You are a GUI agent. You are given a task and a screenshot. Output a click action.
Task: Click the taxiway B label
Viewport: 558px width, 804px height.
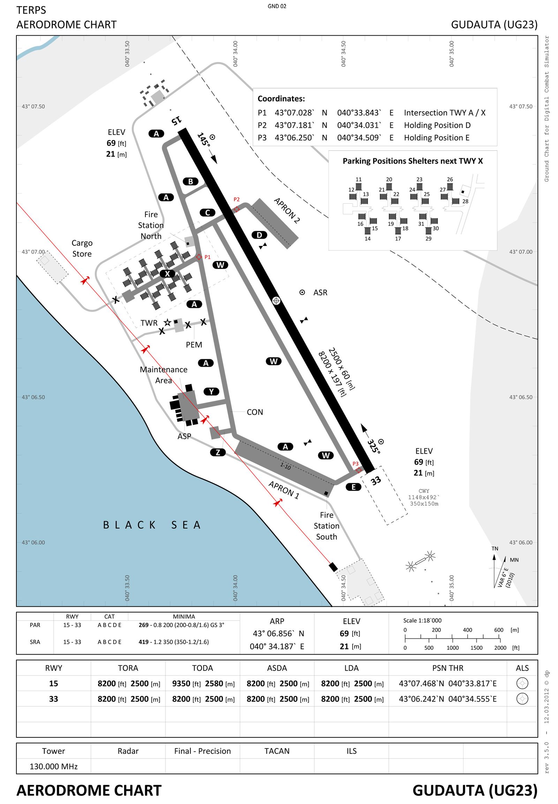point(190,181)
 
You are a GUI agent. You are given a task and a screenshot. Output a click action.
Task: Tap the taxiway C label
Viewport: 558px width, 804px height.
point(207,213)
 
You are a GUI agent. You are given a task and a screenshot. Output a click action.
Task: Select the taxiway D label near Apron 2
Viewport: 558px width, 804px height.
point(259,235)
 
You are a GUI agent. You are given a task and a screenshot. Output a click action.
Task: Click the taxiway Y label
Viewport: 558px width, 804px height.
point(212,392)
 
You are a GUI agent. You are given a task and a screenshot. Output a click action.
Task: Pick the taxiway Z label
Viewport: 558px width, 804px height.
point(218,452)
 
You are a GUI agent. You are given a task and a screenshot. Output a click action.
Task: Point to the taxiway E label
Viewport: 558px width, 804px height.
point(354,487)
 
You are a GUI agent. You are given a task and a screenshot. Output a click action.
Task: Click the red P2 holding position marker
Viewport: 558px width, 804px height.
point(237,209)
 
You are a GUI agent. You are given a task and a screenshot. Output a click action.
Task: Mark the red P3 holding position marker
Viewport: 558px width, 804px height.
point(359,470)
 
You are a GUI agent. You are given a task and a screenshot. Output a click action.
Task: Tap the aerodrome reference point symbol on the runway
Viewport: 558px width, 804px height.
point(276,300)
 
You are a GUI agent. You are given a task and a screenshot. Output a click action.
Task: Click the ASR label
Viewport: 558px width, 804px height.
point(320,292)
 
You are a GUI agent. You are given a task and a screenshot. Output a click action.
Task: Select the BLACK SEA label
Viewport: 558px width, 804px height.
point(152,525)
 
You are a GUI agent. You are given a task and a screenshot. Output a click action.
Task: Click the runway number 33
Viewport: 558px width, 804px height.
point(376,481)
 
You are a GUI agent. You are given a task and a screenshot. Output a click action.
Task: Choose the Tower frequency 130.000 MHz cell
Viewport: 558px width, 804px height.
point(53,766)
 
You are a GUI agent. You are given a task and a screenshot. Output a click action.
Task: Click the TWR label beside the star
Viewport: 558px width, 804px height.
point(149,323)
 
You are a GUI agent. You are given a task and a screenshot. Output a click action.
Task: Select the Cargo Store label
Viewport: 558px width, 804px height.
point(82,248)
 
